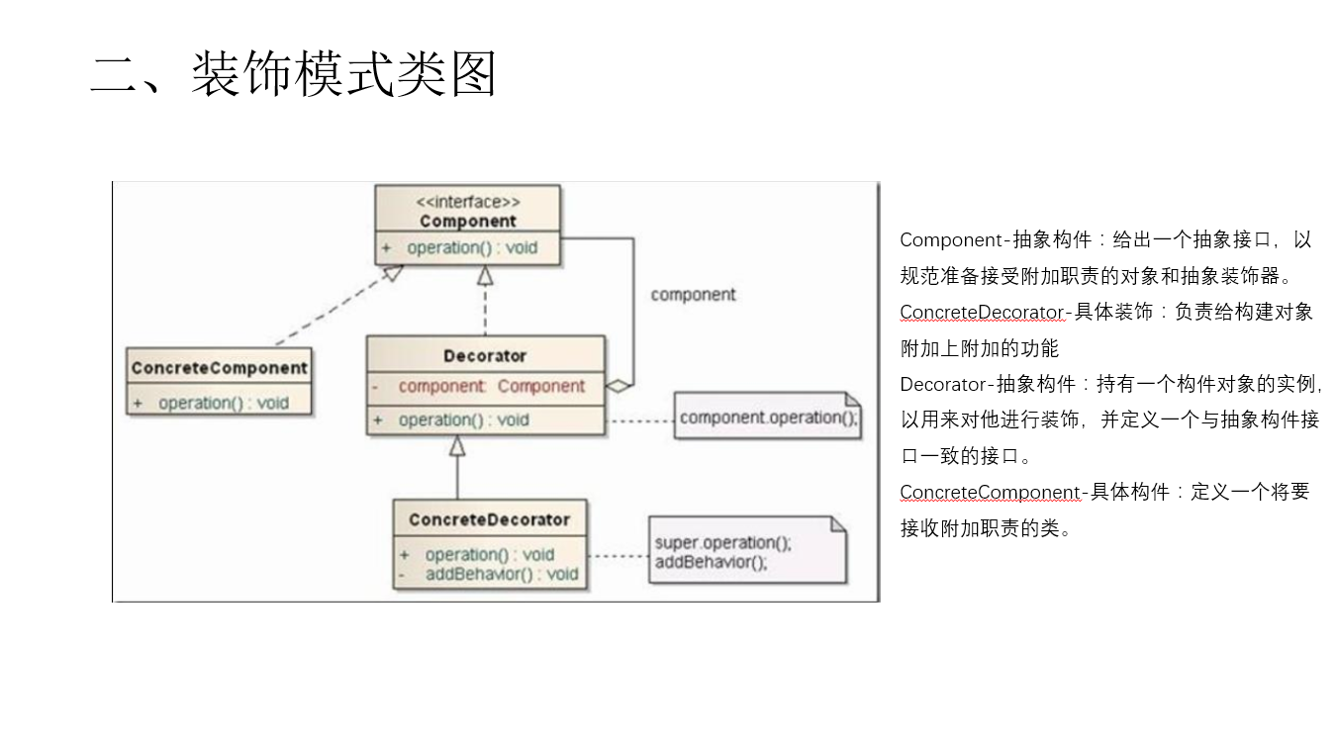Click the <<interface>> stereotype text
click(468, 202)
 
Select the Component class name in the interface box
click(468, 222)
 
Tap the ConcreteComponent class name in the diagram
click(220, 368)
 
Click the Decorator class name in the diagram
click(485, 355)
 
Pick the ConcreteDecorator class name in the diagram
click(489, 519)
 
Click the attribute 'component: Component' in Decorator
click(492, 386)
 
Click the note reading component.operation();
click(768, 418)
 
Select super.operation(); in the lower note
click(723, 543)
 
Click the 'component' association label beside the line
click(693, 295)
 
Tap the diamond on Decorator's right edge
click(619, 386)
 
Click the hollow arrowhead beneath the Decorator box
click(456, 447)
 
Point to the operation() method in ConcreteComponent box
click(223, 403)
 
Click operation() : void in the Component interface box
click(471, 247)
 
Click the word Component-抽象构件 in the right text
click(996, 239)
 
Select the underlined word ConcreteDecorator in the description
click(981, 313)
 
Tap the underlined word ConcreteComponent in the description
click(990, 493)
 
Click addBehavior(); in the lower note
click(711, 562)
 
